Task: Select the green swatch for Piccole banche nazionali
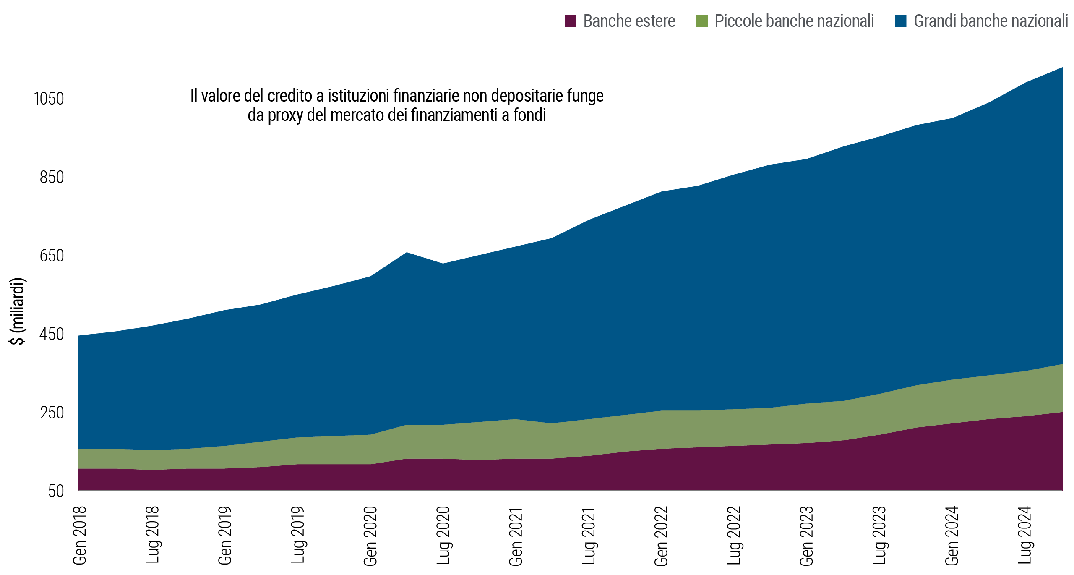701,21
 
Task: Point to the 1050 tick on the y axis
49,99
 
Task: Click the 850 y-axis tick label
52,178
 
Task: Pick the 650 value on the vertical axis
52,256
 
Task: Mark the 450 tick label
52,335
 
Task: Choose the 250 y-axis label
52,413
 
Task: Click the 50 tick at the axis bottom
56,491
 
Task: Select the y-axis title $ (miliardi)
18,311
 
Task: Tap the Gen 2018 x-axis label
79,535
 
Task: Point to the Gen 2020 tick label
370,535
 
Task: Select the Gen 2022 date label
661,535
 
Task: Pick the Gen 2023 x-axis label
806,535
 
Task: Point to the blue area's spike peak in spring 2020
407,253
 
